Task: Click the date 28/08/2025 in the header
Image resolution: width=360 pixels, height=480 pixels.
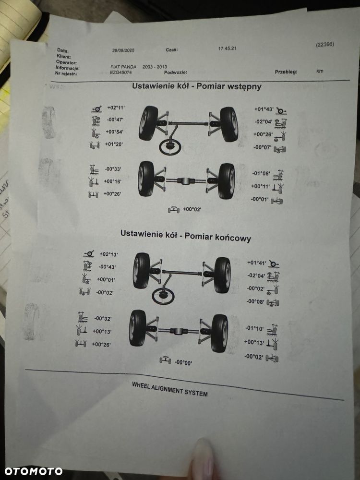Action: tap(123, 50)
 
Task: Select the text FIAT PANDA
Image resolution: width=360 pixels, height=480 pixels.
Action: tap(123, 67)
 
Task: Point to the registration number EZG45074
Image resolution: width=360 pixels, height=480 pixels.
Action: tap(121, 72)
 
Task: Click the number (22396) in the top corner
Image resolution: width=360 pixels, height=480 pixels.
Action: tap(325, 45)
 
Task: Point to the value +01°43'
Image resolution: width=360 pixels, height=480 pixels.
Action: tap(264, 109)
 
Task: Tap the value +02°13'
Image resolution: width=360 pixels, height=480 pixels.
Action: tap(109, 254)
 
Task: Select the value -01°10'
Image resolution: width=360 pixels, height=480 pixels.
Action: tap(255, 329)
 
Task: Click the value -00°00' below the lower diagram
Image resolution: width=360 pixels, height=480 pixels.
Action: tap(183, 362)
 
